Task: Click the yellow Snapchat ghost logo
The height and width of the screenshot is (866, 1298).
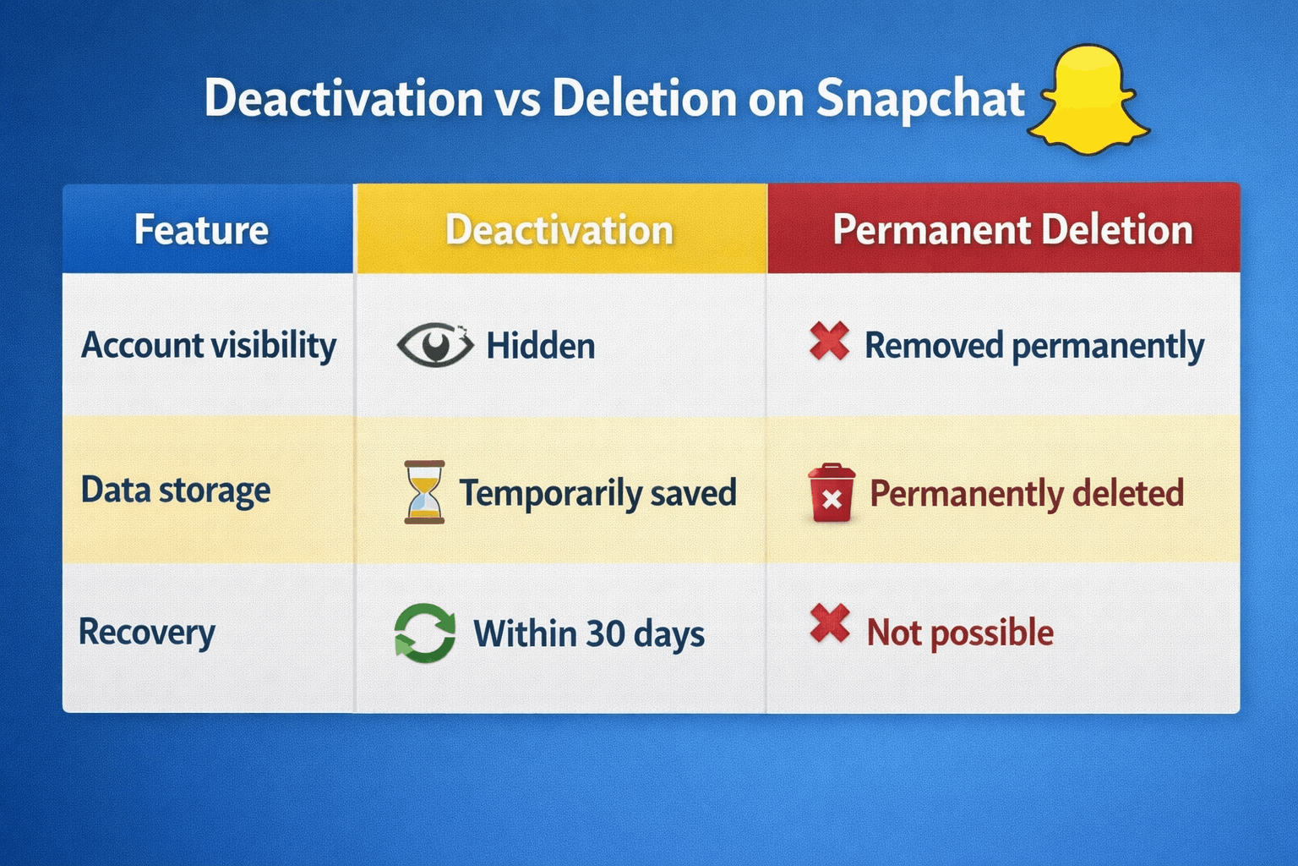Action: [x=1088, y=101]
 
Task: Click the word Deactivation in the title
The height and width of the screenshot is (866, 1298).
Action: [x=342, y=98]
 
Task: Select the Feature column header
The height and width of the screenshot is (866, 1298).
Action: [x=201, y=230]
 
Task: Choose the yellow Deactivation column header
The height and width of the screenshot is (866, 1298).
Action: [x=559, y=230]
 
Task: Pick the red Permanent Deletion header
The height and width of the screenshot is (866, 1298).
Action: [x=1012, y=230]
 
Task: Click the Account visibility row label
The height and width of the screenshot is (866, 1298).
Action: [x=209, y=346]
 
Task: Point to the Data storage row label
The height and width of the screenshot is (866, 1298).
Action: [x=176, y=491]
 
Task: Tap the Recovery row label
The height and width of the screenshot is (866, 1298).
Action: [x=147, y=633]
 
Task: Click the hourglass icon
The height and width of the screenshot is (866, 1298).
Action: [x=424, y=492]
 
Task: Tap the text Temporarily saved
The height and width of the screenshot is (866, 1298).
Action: [x=597, y=493]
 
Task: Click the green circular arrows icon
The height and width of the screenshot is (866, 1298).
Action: [x=424, y=633]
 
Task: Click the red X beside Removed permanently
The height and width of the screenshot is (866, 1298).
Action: [x=829, y=342]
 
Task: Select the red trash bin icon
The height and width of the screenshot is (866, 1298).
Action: [x=831, y=493]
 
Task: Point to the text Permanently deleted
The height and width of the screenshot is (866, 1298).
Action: [x=1027, y=494]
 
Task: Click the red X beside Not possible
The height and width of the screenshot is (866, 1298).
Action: [x=829, y=624]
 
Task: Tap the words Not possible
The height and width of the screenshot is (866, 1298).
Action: [x=960, y=633]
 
